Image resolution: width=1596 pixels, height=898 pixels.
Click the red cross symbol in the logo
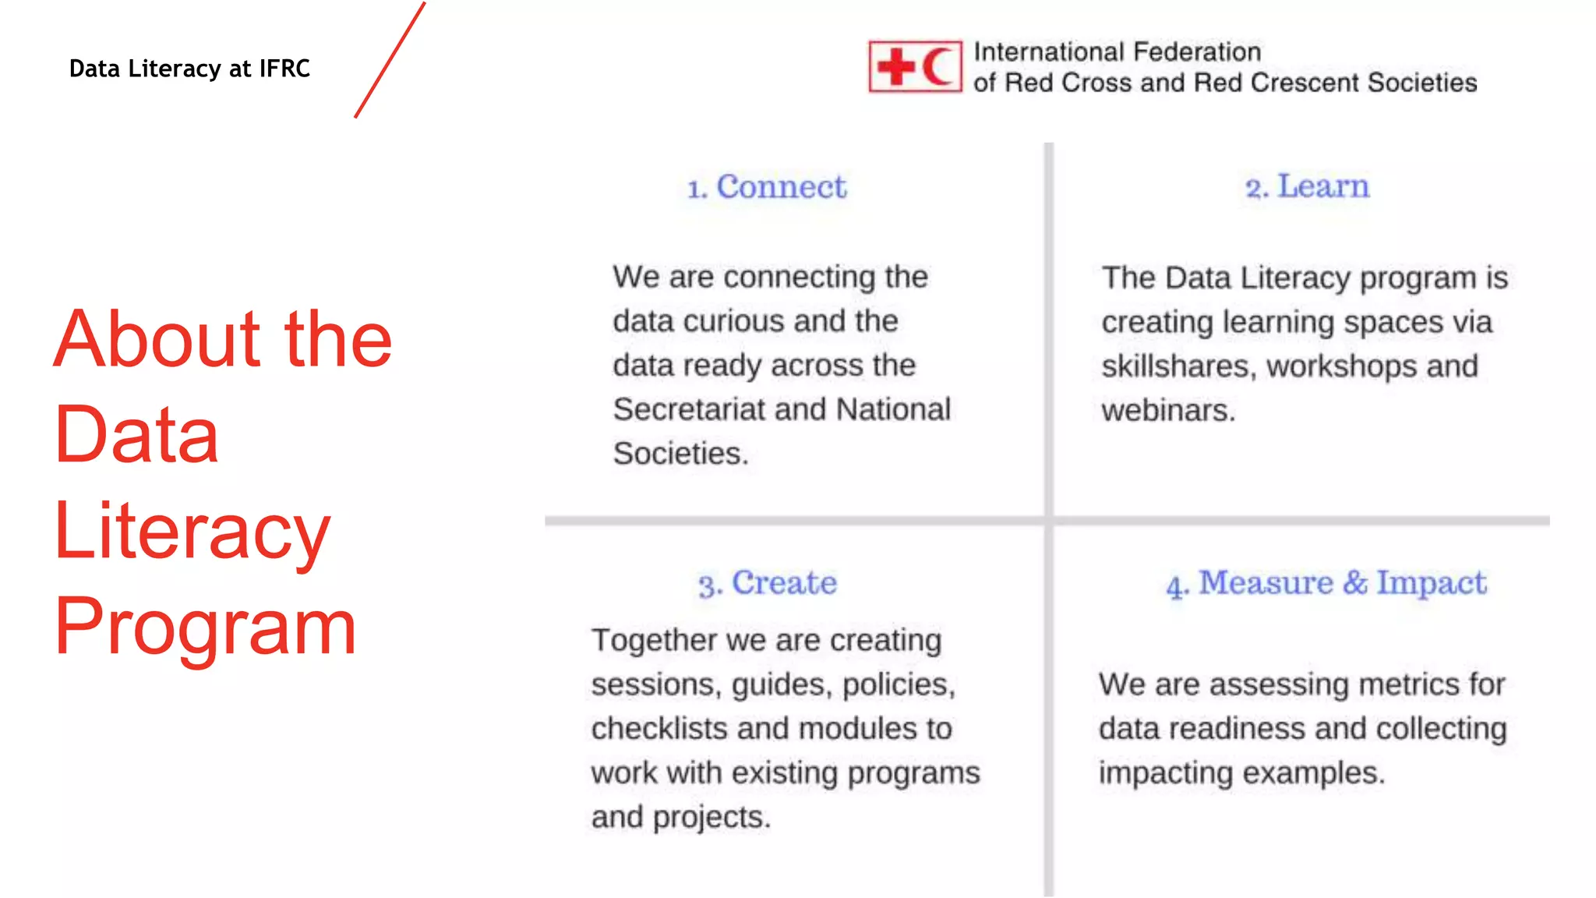click(x=895, y=67)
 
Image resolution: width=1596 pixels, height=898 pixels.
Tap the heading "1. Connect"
click(x=767, y=187)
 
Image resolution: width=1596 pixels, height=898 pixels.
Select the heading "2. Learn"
click(x=1307, y=187)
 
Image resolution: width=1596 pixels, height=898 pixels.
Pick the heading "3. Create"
click(x=768, y=583)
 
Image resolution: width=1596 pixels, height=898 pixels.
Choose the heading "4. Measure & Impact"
click(x=1326, y=583)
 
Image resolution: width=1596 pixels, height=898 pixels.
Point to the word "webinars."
click(x=1168, y=411)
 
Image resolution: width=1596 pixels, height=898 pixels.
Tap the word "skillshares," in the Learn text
click(x=1179, y=366)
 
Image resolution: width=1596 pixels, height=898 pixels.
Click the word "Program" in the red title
click(x=206, y=627)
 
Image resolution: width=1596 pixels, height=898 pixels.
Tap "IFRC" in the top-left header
click(x=284, y=69)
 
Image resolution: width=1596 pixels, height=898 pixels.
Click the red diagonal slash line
click(x=390, y=60)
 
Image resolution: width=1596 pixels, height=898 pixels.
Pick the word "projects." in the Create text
click(x=711, y=818)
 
